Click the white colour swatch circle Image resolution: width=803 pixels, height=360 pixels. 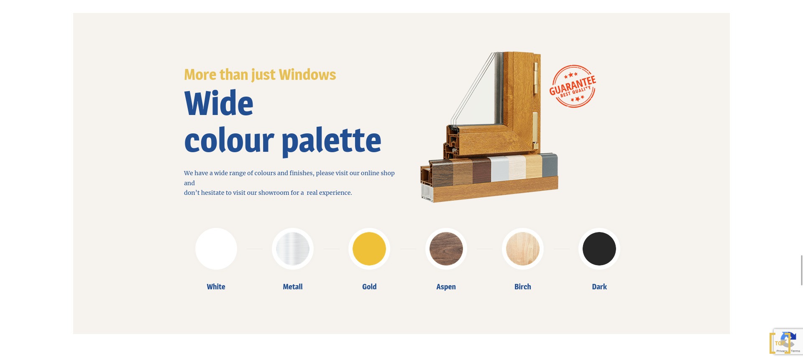tap(216, 249)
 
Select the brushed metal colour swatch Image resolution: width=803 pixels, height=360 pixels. tap(293, 249)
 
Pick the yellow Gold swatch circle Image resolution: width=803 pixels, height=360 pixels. tap(369, 249)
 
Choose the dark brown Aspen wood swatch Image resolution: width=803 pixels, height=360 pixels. tap(446, 249)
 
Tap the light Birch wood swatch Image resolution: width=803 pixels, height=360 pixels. tap(523, 249)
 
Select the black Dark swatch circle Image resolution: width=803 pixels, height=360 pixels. tap(599, 249)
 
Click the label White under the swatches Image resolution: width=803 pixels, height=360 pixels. tap(216, 287)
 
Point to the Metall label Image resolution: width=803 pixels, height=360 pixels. tap(293, 287)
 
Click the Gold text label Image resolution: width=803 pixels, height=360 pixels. tap(369, 287)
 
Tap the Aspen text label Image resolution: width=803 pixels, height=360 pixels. tap(446, 287)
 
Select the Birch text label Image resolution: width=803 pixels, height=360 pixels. tap(523, 287)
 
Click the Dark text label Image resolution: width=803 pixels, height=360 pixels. tap(599, 287)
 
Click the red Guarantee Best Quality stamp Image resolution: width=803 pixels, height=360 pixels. tap(573, 87)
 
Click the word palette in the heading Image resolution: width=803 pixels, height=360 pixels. tap(332, 140)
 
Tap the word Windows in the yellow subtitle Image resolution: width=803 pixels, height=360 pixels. tap(307, 75)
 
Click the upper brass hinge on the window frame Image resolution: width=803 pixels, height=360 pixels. tap(536, 78)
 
